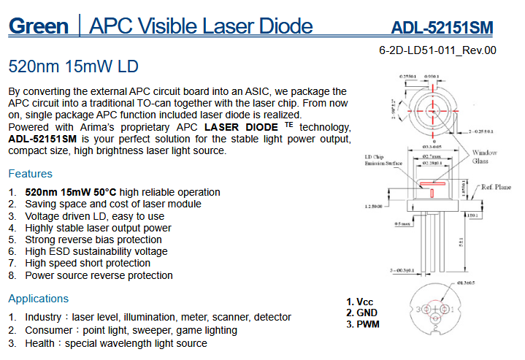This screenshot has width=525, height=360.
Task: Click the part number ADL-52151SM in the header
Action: [442, 28]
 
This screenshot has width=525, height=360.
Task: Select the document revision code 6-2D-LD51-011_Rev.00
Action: [437, 51]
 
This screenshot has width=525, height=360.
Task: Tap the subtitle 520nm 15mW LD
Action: [73, 66]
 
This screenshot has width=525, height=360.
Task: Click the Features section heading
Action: [30, 174]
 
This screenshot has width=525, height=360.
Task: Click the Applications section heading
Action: [38, 299]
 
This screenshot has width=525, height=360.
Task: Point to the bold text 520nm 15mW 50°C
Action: [71, 192]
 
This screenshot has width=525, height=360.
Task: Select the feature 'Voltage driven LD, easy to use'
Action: [95, 216]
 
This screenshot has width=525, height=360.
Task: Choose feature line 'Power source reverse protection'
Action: [99, 275]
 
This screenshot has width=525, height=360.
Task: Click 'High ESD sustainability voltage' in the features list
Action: [96, 251]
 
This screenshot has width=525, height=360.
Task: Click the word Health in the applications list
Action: [43, 343]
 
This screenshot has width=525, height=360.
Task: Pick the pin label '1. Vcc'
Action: [359, 301]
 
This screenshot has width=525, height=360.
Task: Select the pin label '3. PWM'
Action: [362, 323]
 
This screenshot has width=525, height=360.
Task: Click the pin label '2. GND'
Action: [361, 313]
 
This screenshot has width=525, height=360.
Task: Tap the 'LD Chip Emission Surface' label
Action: [384, 160]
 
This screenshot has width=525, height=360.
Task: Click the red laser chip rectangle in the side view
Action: [432, 193]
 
